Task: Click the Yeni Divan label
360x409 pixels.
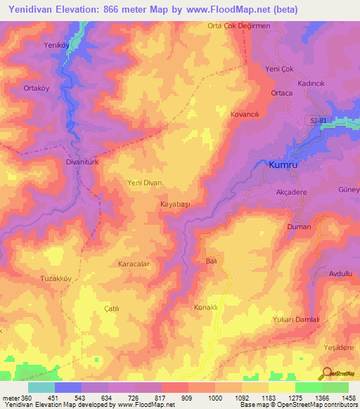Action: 144,183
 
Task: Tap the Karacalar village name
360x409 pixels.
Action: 134,264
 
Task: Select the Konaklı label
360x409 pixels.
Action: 208,308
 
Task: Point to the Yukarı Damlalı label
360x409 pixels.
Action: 296,319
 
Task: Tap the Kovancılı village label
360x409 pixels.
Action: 246,113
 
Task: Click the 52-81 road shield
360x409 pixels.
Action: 319,121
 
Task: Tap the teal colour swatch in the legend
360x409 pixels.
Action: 41,387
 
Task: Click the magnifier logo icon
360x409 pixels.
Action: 326,374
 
